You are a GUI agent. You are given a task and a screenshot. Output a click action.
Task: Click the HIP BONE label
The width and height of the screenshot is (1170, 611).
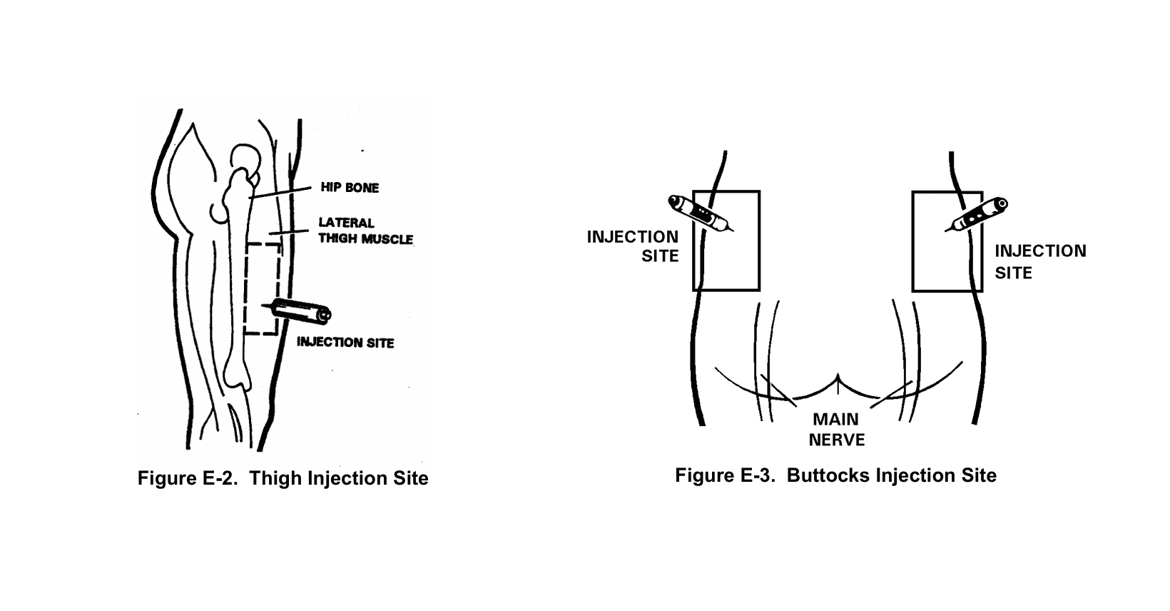click(349, 188)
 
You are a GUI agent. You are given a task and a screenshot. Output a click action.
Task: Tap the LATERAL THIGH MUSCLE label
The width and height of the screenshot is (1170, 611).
click(365, 231)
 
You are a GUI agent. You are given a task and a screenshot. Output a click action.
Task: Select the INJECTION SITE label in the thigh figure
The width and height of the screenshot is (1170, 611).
click(345, 343)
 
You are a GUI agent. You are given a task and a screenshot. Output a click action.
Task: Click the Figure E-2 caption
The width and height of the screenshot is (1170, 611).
click(283, 478)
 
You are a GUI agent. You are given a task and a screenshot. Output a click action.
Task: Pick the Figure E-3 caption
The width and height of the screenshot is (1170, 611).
click(835, 475)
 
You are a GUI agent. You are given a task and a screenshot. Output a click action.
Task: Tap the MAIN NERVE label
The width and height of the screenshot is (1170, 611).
click(836, 430)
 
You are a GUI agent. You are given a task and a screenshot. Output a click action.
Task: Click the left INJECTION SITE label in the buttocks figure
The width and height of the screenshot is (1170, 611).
click(633, 246)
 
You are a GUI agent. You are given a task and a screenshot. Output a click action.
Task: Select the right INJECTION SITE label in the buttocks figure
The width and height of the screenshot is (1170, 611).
click(1040, 261)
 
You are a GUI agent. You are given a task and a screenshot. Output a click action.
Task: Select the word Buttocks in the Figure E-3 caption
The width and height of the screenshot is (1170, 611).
click(822, 475)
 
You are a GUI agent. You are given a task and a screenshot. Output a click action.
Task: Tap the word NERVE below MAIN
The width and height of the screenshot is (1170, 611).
click(836, 440)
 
